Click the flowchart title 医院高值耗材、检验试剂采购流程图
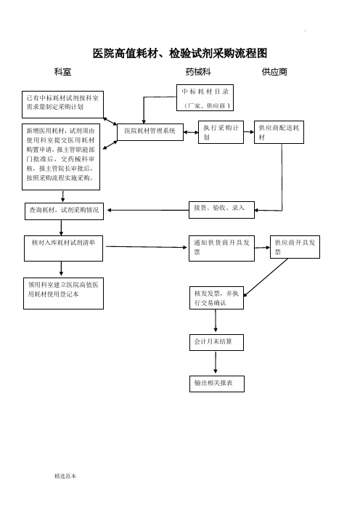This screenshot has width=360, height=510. pyautogui.click(x=180, y=53)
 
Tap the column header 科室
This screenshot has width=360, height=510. pyautogui.click(x=62, y=71)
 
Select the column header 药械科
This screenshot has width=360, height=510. pyautogui.click(x=198, y=71)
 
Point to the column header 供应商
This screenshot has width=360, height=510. pyautogui.click(x=274, y=71)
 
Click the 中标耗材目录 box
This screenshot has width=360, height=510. pyautogui.click(x=205, y=97)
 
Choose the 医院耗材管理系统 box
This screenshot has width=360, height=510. pyautogui.click(x=150, y=131)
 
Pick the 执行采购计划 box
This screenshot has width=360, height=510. pyautogui.click(x=221, y=132)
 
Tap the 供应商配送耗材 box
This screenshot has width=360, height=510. pyautogui.click(x=279, y=132)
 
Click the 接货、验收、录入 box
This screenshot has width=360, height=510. pyautogui.click(x=221, y=209)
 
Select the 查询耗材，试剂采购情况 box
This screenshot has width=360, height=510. pyautogui.click(x=65, y=211)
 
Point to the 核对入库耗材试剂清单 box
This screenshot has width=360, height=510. pyautogui.click(x=63, y=248)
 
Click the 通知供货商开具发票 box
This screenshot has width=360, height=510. pyautogui.click(x=221, y=248)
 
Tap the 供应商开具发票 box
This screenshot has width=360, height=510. pyautogui.click(x=295, y=247)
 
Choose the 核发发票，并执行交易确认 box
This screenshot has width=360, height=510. pyautogui.click(x=216, y=298)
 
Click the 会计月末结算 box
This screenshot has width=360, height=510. pyautogui.click(x=216, y=342)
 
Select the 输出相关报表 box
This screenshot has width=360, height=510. pyautogui.click(x=217, y=384)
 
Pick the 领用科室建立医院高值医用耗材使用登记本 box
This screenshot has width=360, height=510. pyautogui.click(x=63, y=294)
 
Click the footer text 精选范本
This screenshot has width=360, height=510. pyautogui.click(x=65, y=476)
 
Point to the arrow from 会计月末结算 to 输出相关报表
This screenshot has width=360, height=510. pyautogui.click(x=216, y=362)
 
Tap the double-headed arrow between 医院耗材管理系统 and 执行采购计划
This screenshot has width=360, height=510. pyautogui.click(x=191, y=132)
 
